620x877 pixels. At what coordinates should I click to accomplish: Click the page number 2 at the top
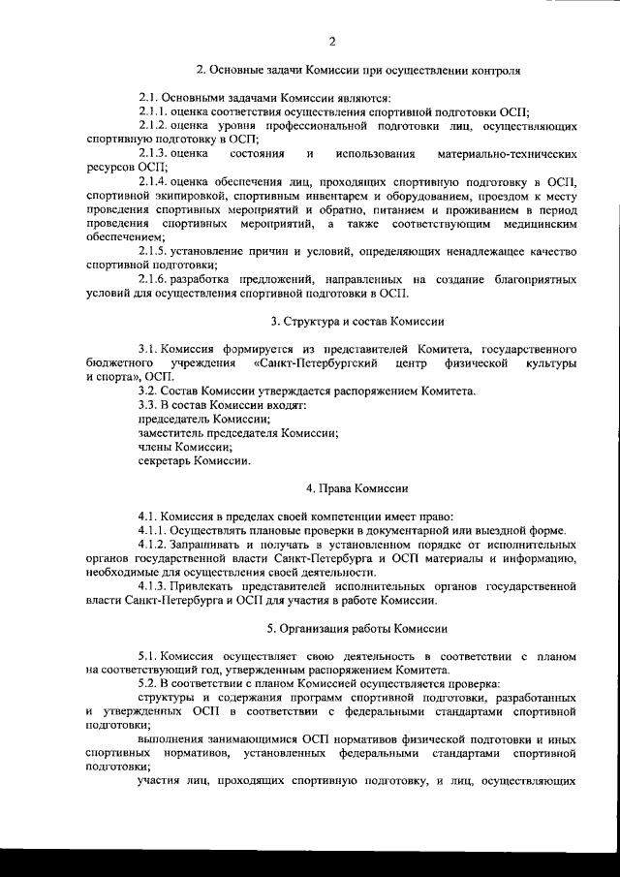click(331, 41)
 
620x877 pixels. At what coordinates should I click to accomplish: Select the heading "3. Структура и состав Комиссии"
click(357, 321)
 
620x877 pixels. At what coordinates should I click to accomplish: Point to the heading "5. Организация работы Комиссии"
click(357, 627)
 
